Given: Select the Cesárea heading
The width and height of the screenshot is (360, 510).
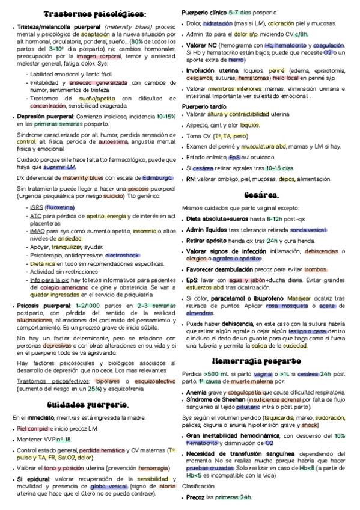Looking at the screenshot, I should click(x=262, y=195).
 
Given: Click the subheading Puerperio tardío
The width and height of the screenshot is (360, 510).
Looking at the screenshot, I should click(x=205, y=106).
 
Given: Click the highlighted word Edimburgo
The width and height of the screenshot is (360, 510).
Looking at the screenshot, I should click(x=158, y=178).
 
